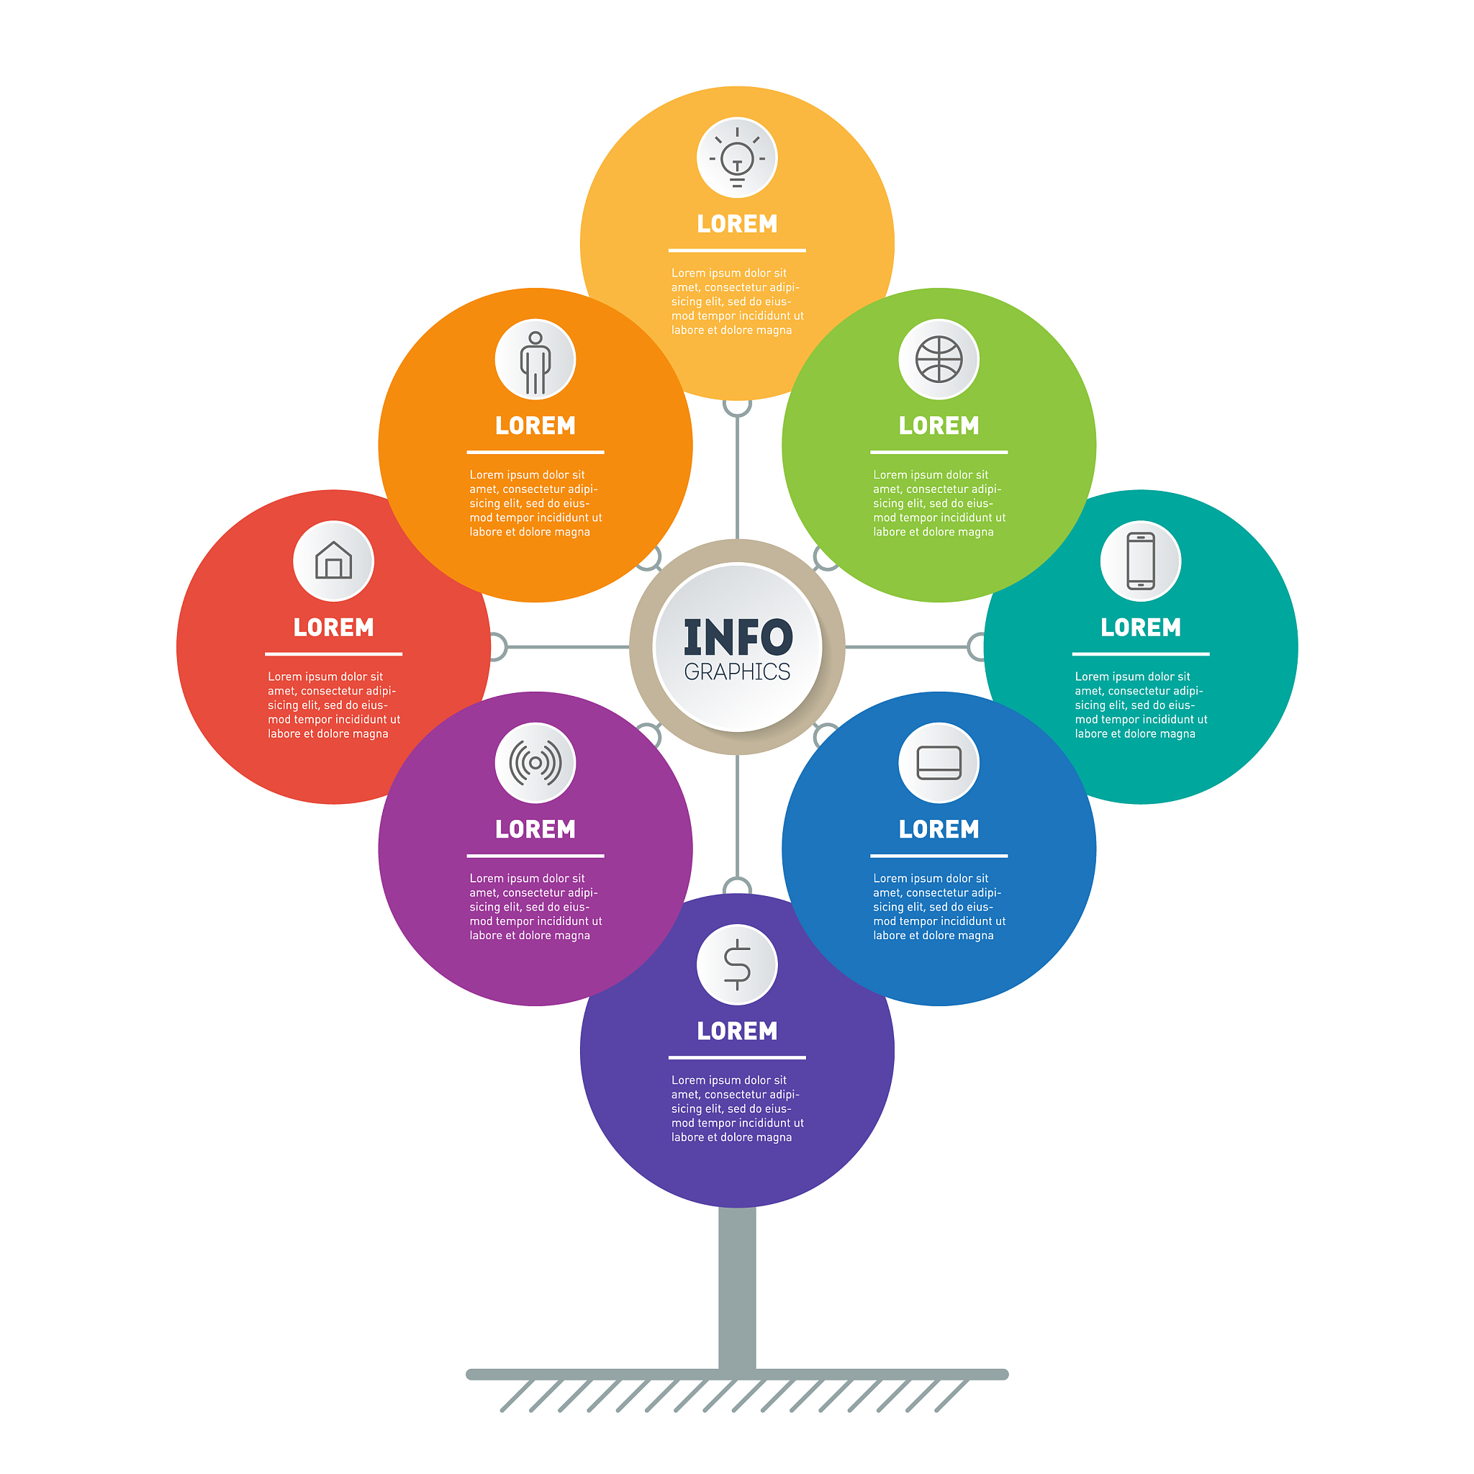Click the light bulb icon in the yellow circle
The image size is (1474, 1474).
[x=737, y=157]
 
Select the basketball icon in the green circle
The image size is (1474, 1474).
[x=939, y=359]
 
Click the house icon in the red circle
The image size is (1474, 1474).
[x=333, y=561]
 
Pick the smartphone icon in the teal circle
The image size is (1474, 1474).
[x=1141, y=561]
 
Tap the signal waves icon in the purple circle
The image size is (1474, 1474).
[x=535, y=763]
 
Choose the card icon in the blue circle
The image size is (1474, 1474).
[x=939, y=763]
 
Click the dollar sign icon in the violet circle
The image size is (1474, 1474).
[x=737, y=964]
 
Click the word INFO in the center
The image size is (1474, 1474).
[x=737, y=638]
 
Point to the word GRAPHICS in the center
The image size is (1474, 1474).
[x=737, y=672]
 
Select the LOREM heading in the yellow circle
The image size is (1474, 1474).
[x=737, y=225]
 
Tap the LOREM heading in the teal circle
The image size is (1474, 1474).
[x=1141, y=628]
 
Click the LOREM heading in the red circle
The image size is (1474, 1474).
[x=333, y=628]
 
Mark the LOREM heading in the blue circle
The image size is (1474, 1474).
[x=939, y=829]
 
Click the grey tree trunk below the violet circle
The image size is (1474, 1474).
[x=737, y=1289]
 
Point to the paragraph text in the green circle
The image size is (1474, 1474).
[x=939, y=504]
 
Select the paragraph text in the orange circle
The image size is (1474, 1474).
[x=535, y=504]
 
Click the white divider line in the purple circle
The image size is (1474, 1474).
[x=535, y=856]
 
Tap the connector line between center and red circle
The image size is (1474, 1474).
[x=569, y=647]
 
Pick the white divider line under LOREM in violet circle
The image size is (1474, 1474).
[x=737, y=1057]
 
